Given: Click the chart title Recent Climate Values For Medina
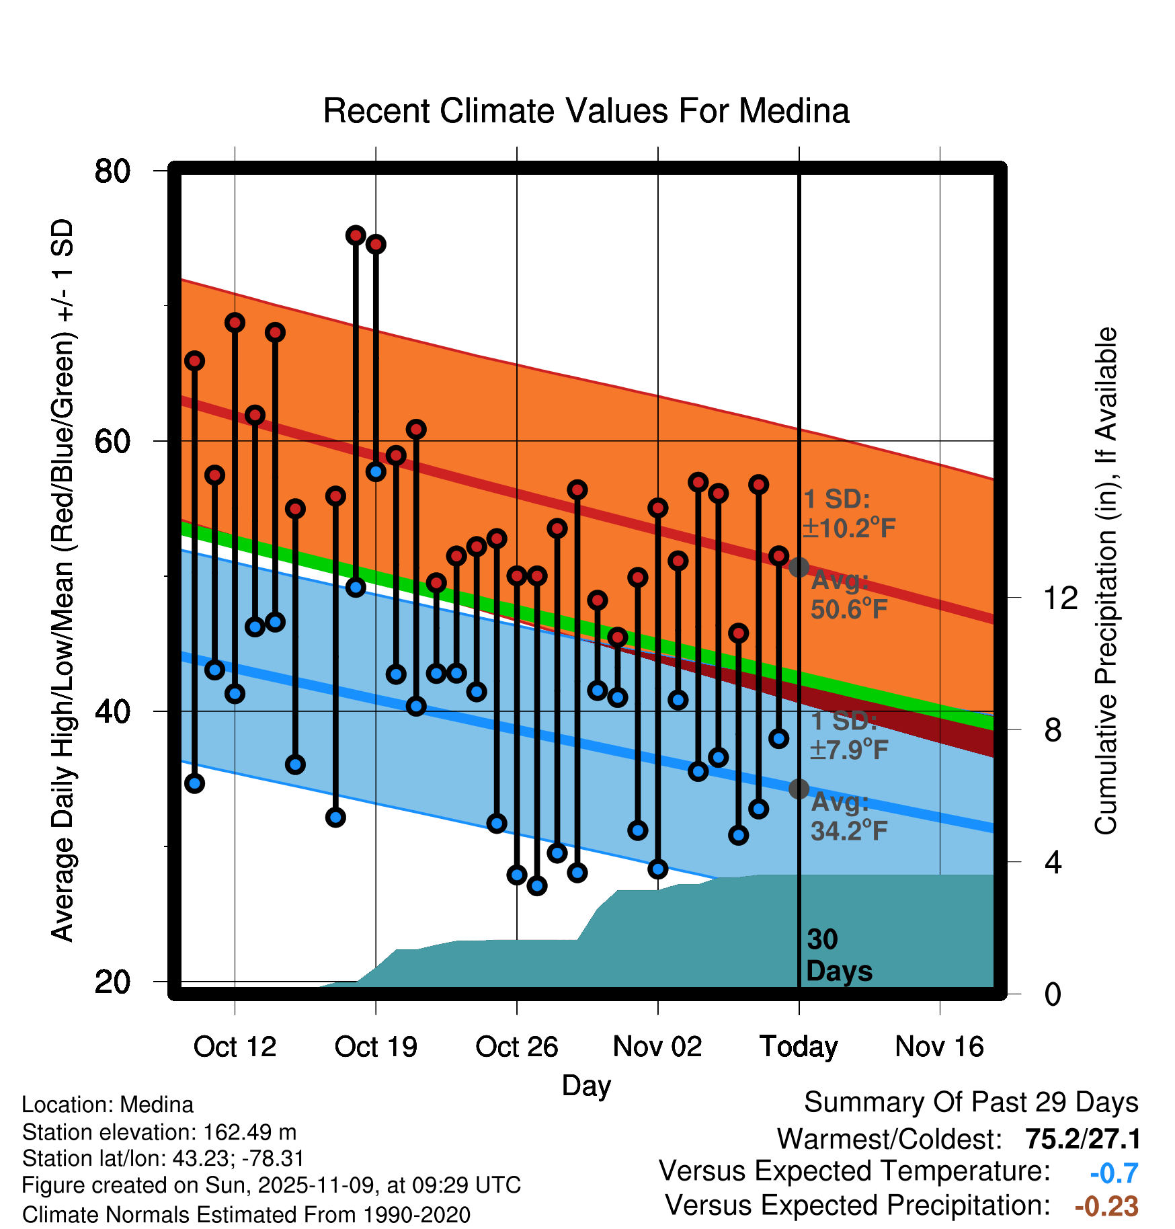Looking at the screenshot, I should [x=586, y=111].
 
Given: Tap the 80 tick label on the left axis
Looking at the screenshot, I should [x=112, y=171].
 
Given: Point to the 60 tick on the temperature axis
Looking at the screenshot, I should [x=112, y=442].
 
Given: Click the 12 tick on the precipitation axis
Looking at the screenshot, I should [x=1060, y=598].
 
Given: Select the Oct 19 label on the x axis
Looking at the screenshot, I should [x=376, y=1047].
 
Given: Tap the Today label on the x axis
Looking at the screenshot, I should [x=799, y=1047].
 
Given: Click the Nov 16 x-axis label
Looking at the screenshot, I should [x=939, y=1047].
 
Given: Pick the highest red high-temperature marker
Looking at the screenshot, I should [x=356, y=235].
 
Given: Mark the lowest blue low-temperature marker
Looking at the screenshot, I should [x=537, y=885].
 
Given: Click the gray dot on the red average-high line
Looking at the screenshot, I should [x=799, y=567].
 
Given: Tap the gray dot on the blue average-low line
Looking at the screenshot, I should [x=799, y=789].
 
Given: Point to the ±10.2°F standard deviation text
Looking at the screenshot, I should [x=849, y=528].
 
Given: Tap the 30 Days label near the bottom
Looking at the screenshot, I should [x=838, y=955].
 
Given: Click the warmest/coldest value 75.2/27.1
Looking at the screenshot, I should [x=1082, y=1139].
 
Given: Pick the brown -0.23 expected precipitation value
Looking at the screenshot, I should [x=1106, y=1206].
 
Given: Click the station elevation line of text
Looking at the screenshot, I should [x=159, y=1132].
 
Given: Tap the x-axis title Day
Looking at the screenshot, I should [x=586, y=1086].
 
